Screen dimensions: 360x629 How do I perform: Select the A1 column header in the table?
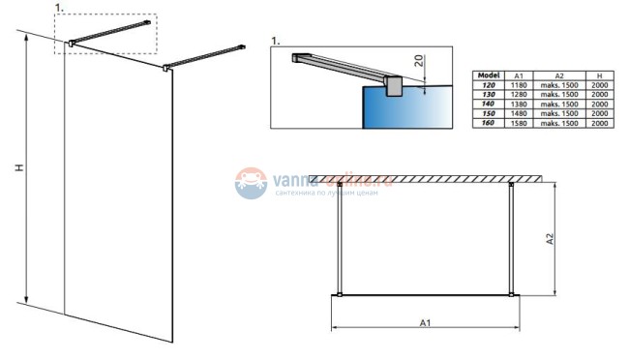point(520,75)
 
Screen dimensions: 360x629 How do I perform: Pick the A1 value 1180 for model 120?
point(520,85)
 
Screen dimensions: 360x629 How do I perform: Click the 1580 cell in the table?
point(520,124)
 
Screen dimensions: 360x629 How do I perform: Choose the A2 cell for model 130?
point(559,95)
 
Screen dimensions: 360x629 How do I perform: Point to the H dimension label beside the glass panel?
point(18,168)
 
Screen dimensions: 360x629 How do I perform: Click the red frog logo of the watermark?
point(251,181)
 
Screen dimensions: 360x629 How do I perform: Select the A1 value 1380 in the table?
point(520,105)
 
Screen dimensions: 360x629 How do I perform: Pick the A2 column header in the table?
point(559,75)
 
